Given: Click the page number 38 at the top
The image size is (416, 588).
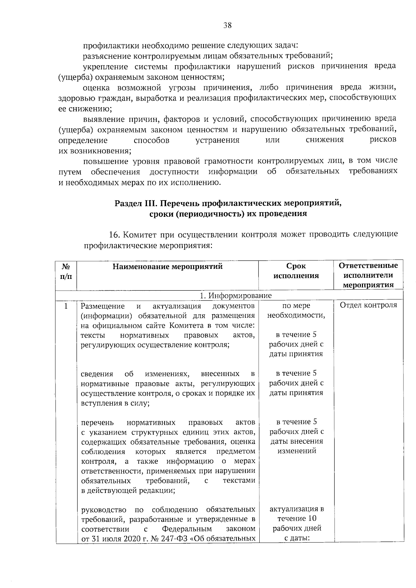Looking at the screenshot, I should click(228, 25).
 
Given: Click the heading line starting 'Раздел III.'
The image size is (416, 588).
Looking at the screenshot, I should click(228, 203).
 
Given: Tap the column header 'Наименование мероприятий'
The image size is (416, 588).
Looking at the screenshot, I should click(167, 266).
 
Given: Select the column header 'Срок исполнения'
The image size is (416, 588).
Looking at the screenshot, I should click(296, 271).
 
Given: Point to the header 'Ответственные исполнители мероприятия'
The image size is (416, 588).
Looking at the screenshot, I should click(368, 275).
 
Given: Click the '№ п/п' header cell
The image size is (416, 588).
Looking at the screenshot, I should click(66, 271).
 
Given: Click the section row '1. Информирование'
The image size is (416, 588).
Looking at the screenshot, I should click(236, 295).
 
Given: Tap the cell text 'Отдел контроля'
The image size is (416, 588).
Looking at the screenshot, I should click(368, 305).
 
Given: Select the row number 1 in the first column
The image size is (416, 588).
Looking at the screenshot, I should click(66, 306).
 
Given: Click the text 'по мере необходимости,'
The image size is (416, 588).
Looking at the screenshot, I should click(296, 310).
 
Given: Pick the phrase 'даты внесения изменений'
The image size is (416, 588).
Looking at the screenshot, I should click(296, 446).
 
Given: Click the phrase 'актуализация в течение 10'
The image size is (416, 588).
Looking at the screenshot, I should click(296, 514).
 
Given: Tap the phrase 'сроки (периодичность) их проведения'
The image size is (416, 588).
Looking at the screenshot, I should click(228, 214).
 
